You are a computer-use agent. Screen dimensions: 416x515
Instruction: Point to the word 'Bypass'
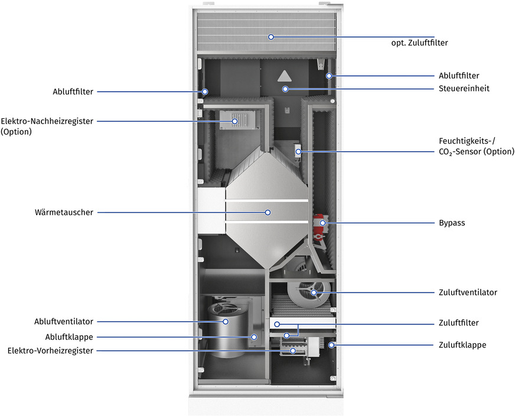tap(452, 223)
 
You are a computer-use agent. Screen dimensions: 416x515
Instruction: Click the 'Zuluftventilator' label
tap(468, 292)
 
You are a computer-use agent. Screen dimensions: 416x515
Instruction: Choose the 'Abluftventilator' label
tap(64, 321)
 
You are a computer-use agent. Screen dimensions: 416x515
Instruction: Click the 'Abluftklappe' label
tap(69, 336)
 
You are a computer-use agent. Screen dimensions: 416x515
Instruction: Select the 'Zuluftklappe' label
tap(462, 344)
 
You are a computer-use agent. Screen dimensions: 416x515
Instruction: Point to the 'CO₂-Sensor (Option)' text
tap(469, 152)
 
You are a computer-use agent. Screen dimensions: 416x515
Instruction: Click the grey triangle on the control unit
tap(285, 75)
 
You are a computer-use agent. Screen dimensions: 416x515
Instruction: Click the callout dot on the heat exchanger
tap(268, 212)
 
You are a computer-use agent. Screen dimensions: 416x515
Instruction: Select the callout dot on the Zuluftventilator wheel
tap(314, 292)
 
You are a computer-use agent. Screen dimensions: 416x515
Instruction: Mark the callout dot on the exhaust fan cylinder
tap(226, 321)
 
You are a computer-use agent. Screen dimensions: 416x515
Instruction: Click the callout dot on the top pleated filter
tap(271, 37)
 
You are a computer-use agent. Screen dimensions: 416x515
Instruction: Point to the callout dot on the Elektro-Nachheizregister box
tap(234, 121)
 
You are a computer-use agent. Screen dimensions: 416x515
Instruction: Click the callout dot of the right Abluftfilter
tap(330, 76)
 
